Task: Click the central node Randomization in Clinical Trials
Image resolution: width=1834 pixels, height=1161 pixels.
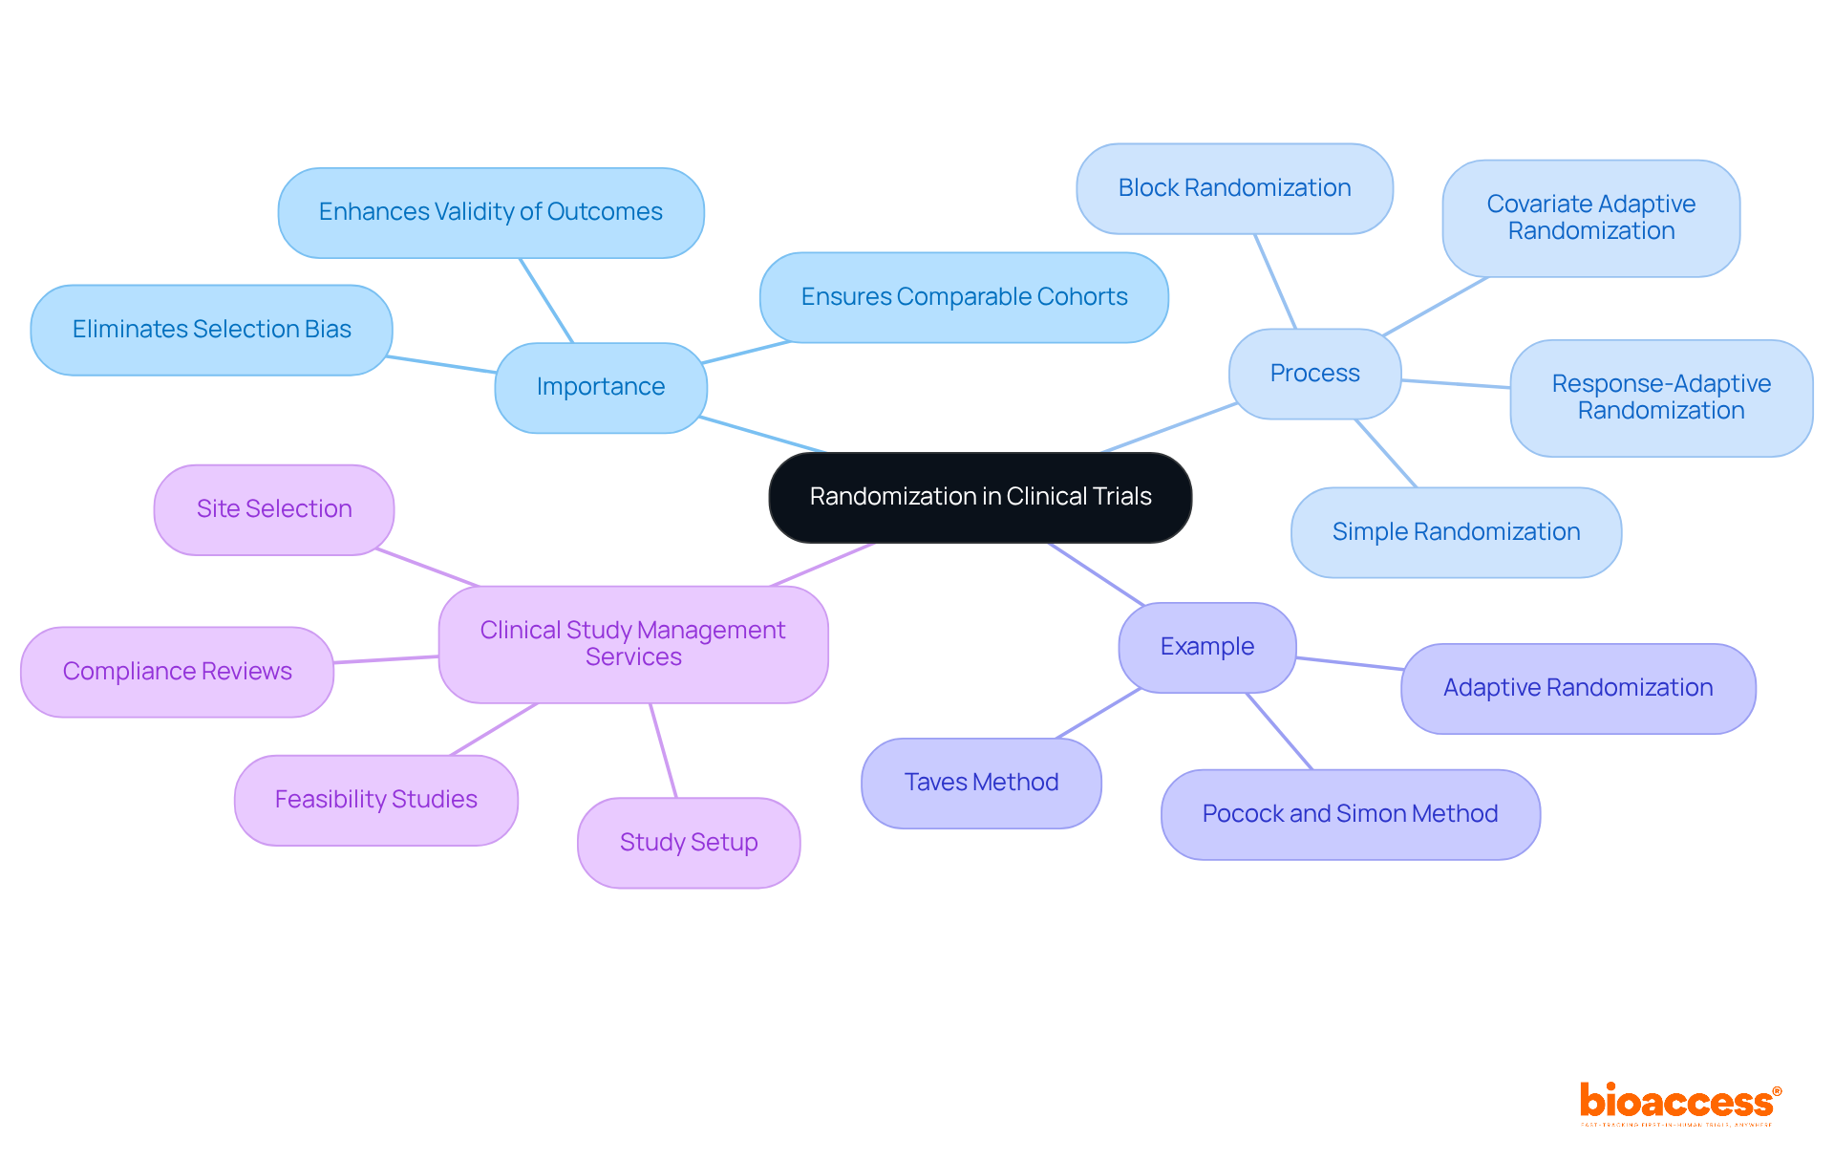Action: pyautogui.click(x=980, y=497)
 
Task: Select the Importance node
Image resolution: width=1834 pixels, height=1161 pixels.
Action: pyautogui.click(x=601, y=387)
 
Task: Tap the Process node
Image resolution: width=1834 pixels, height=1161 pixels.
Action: pyautogui.click(x=1314, y=374)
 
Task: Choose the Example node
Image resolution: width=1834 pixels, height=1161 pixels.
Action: pyautogui.click(x=1207, y=647)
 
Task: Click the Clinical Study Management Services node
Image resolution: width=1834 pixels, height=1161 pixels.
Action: pyautogui.click(x=633, y=644)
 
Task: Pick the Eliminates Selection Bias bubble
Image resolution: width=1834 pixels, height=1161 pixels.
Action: pyautogui.click(x=211, y=330)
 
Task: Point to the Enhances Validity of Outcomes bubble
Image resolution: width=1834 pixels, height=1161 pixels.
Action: pyautogui.click(x=491, y=212)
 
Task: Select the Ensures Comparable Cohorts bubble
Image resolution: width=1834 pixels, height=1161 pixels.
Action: pyautogui.click(x=964, y=297)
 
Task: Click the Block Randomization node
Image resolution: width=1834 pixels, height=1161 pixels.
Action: pyautogui.click(x=1234, y=188)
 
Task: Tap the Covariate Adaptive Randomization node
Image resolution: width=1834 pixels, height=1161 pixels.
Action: pyautogui.click(x=1590, y=218)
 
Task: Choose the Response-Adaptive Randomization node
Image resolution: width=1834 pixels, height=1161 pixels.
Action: pyautogui.click(x=1661, y=398)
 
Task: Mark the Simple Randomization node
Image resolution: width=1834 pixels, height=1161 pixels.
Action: pyautogui.click(x=1456, y=532)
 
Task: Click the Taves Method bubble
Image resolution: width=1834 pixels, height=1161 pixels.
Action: pyautogui.click(x=981, y=783)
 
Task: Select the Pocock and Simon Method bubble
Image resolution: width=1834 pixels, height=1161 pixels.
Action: pyautogui.click(x=1350, y=814)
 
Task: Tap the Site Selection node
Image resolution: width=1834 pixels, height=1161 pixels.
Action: pyautogui.click(x=274, y=509)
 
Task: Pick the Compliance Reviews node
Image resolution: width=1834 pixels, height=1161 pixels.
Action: pyautogui.click(x=178, y=672)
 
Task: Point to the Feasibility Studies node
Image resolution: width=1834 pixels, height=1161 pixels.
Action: pyautogui.click(x=376, y=800)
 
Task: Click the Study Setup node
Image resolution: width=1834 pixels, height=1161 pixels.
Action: pyautogui.click(x=689, y=843)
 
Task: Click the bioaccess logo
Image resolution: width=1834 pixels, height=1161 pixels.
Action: pyautogui.click(x=1679, y=1104)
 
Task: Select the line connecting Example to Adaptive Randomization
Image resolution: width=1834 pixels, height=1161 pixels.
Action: pyautogui.click(x=1349, y=663)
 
